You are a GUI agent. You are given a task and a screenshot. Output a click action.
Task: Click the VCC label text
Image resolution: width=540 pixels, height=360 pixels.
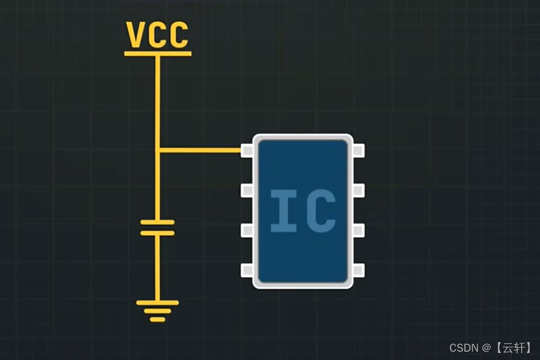[x=157, y=35]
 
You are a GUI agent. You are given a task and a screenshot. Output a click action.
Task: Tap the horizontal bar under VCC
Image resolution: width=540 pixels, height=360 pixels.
[x=157, y=54]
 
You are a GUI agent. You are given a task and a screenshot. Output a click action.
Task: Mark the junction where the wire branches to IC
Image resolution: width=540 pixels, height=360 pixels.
[x=157, y=150]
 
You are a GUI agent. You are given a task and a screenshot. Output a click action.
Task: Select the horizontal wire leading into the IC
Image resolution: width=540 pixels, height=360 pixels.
[x=199, y=150]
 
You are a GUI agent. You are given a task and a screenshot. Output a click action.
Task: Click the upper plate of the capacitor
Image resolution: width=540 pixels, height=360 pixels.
[x=157, y=222]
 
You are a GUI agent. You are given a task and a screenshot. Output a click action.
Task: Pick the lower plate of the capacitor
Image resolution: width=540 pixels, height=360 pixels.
[x=157, y=233]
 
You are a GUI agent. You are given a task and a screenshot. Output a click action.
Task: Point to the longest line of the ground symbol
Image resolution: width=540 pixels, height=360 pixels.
[x=157, y=303]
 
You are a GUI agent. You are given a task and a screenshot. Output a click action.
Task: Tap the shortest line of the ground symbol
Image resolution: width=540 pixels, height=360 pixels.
[x=157, y=319]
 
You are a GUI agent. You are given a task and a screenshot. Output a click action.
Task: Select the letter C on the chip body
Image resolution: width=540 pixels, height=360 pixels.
[x=321, y=210]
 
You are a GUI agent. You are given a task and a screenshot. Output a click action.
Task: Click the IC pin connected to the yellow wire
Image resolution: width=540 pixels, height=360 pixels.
[x=247, y=150]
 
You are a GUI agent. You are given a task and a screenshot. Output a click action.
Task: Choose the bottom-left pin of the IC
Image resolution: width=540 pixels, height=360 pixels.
[x=247, y=271]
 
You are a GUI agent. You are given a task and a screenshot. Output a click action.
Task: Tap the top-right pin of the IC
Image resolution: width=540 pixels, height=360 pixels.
[x=358, y=150]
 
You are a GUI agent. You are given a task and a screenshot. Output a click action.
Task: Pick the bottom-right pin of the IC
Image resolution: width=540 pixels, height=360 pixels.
[x=358, y=271]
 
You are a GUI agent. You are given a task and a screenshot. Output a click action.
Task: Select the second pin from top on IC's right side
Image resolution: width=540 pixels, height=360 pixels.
[x=358, y=191]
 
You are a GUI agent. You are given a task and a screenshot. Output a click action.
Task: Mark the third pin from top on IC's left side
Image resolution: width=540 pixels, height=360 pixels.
[x=247, y=231]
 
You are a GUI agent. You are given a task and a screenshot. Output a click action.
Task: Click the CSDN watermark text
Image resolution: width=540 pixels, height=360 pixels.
[x=463, y=348]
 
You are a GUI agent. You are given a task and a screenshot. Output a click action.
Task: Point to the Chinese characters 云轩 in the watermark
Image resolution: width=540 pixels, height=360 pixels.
[x=513, y=348]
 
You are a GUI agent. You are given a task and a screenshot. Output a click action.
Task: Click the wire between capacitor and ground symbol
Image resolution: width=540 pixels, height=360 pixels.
[x=157, y=268]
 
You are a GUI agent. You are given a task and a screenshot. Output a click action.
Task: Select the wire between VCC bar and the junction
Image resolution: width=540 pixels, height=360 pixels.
[x=157, y=102]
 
